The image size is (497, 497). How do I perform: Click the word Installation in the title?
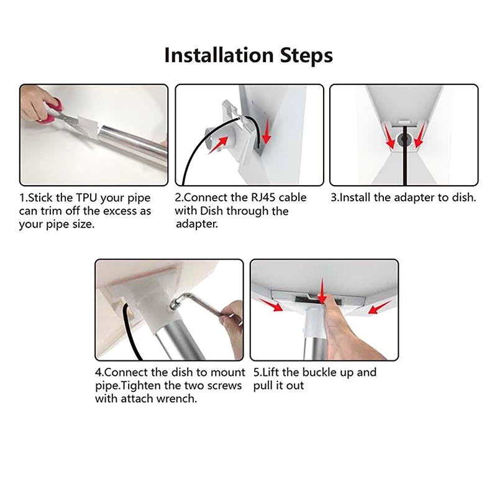tap(219, 55)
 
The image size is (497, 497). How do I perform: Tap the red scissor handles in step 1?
tap(51, 109)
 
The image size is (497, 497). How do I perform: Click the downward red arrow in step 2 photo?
tap(267, 130)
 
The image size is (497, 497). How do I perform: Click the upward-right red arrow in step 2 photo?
tap(219, 145)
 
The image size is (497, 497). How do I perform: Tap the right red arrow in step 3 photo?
tap(419, 136)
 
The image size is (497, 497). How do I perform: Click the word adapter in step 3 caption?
tap(414, 198)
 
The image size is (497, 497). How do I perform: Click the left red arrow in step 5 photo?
tap(271, 304)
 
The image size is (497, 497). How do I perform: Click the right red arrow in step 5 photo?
tap(379, 308)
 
